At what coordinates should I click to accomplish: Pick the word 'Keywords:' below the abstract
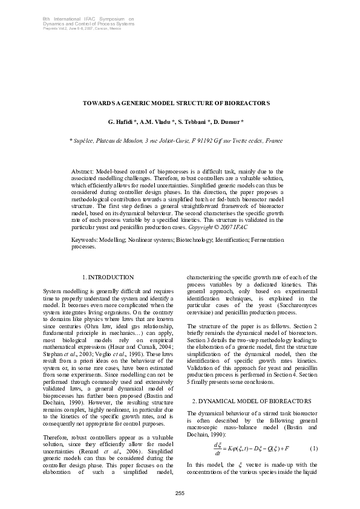[85, 240]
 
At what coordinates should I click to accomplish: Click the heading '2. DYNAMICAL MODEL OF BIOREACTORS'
[252, 401]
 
